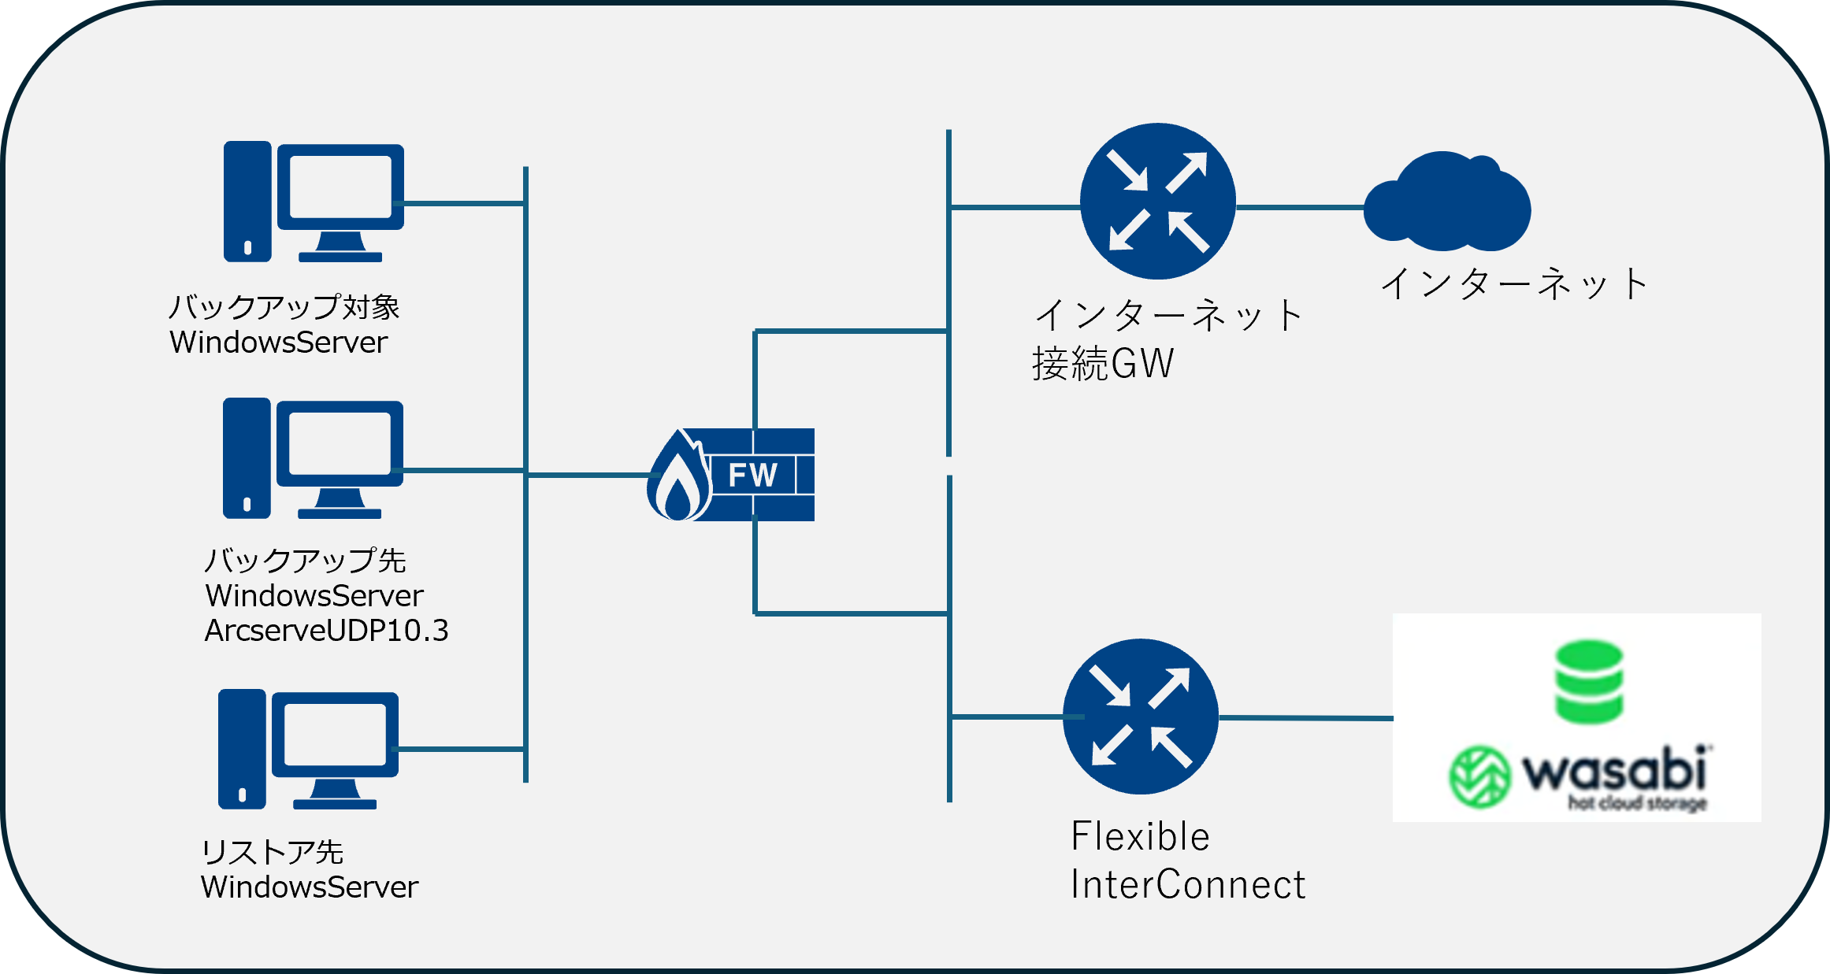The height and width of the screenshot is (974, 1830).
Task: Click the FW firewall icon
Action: (730, 474)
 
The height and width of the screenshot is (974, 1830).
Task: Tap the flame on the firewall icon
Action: (678, 477)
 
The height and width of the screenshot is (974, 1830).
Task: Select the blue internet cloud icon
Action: (1447, 201)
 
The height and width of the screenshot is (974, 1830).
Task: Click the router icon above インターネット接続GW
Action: (1157, 201)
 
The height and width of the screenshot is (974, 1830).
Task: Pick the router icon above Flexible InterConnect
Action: (1140, 717)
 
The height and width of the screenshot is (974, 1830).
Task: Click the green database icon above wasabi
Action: (1589, 682)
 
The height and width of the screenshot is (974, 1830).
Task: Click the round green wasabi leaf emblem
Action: (1479, 777)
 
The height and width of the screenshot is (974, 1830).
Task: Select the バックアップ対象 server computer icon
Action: (314, 202)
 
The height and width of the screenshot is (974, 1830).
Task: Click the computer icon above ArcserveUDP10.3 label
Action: (313, 458)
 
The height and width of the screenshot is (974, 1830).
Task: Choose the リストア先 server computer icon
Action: (308, 750)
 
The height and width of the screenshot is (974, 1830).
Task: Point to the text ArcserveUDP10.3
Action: (326, 631)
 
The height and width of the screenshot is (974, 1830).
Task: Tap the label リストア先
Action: (272, 852)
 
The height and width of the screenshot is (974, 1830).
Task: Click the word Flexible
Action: (1140, 836)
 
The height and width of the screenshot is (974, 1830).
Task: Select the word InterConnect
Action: (1188, 884)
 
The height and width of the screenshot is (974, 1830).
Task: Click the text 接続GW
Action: (1103, 364)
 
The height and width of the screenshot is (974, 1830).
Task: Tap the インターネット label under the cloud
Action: (1514, 284)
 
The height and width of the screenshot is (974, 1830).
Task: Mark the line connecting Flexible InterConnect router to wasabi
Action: (1306, 718)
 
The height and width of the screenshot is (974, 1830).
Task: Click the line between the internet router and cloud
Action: (1300, 208)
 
